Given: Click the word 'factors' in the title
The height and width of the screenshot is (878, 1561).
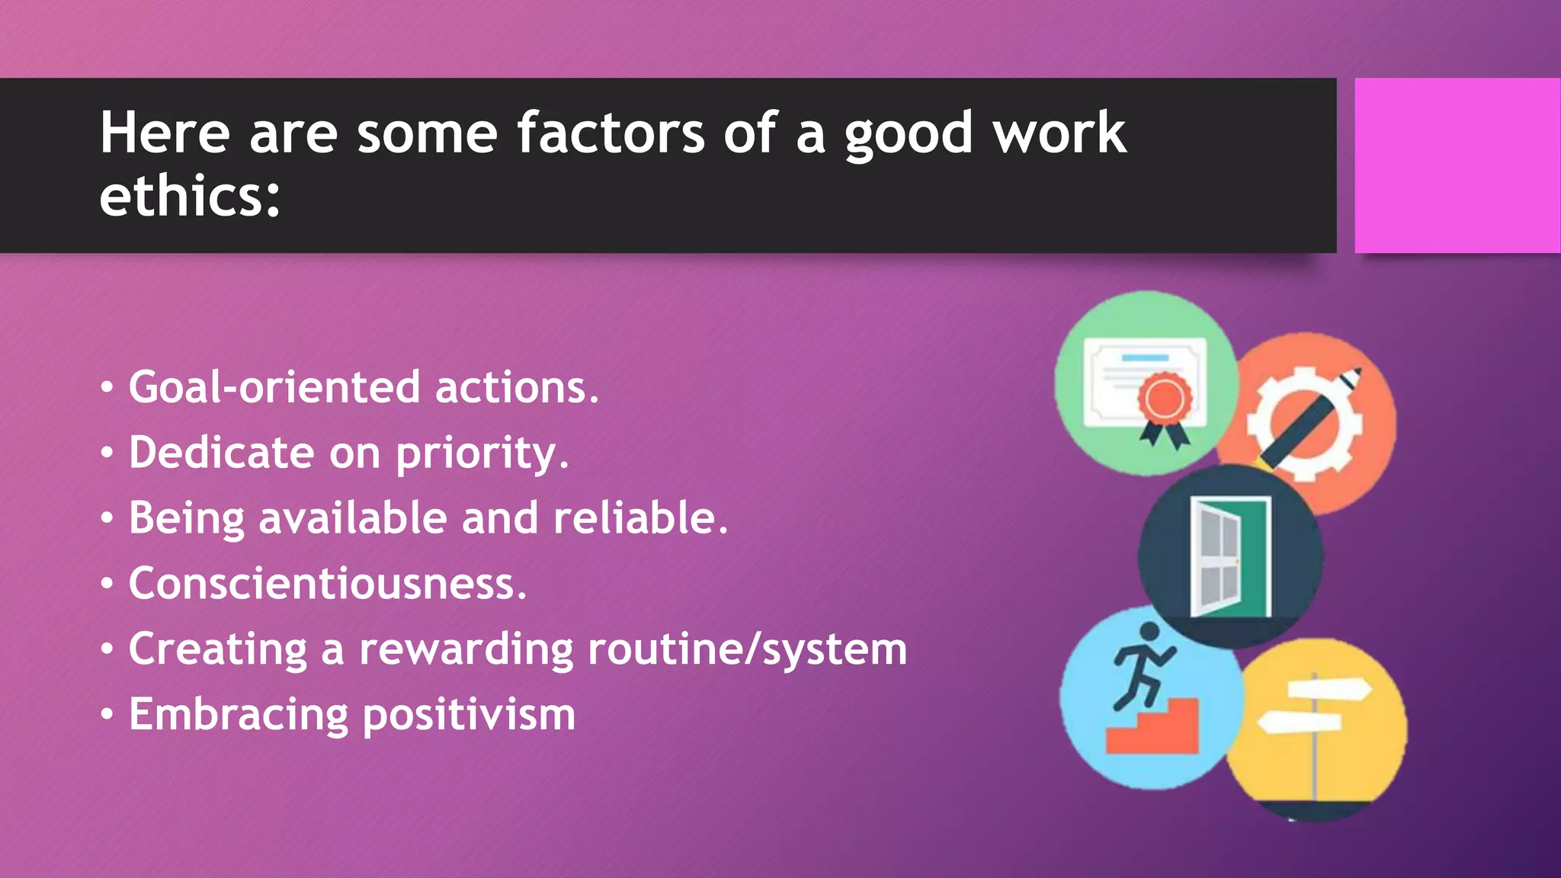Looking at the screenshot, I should [611, 133].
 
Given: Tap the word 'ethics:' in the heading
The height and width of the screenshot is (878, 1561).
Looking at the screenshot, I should [190, 197].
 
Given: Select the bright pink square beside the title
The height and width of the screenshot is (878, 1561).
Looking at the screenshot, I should [1457, 165].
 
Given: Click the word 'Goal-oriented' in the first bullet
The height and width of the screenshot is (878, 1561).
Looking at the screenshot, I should [274, 387].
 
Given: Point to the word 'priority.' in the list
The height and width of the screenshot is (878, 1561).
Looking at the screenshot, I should [482, 453].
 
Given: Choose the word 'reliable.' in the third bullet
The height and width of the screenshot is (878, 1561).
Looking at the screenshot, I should [640, 518].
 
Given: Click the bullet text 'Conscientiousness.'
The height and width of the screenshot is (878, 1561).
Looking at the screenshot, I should [327, 584].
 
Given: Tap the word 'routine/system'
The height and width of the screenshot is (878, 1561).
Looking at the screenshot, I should [747, 649].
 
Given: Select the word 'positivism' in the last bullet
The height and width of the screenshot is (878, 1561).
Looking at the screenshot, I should [468, 715].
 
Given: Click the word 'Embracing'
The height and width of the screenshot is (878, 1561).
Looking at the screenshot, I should [237, 715].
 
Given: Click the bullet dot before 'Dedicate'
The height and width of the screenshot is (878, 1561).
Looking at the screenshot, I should [107, 453].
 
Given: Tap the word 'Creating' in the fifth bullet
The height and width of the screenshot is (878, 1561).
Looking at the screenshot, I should [216, 649].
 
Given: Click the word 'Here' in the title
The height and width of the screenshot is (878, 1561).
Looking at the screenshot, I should [165, 133].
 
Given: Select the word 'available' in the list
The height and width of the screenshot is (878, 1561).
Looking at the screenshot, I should [352, 518].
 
